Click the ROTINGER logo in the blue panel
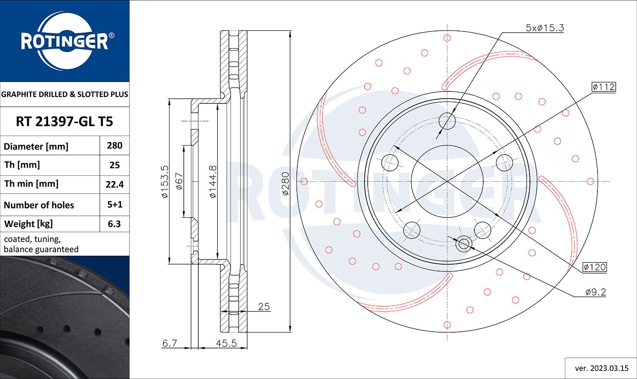[65, 41]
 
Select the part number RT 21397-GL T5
[65, 122]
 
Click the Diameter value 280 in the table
[115, 145]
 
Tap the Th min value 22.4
[115, 185]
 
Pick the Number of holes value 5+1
[115, 205]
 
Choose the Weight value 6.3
[114, 224]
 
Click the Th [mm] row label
[22, 165]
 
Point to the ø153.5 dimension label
[165, 182]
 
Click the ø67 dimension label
[179, 181]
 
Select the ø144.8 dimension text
[213, 182]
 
